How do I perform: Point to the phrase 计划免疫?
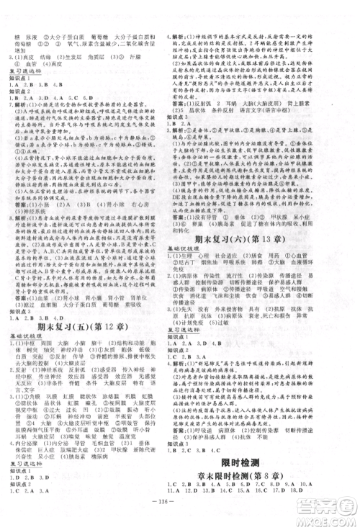pos(198,345)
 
